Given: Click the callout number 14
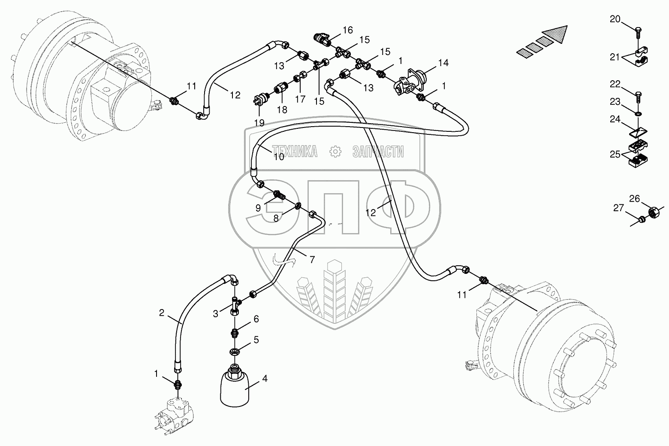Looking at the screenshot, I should tap(443, 63).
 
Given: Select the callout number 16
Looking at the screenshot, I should tap(347, 30).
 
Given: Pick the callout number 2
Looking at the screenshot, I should tap(162, 313).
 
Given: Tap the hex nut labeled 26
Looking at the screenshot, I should tap(653, 212).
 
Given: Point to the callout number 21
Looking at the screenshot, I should tap(615, 57).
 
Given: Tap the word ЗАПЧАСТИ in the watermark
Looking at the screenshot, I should tap(377, 151).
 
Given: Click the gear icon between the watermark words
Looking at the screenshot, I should tap(334, 151).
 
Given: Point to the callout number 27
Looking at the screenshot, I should tap(618, 208).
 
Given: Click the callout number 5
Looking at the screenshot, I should tap(256, 340).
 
